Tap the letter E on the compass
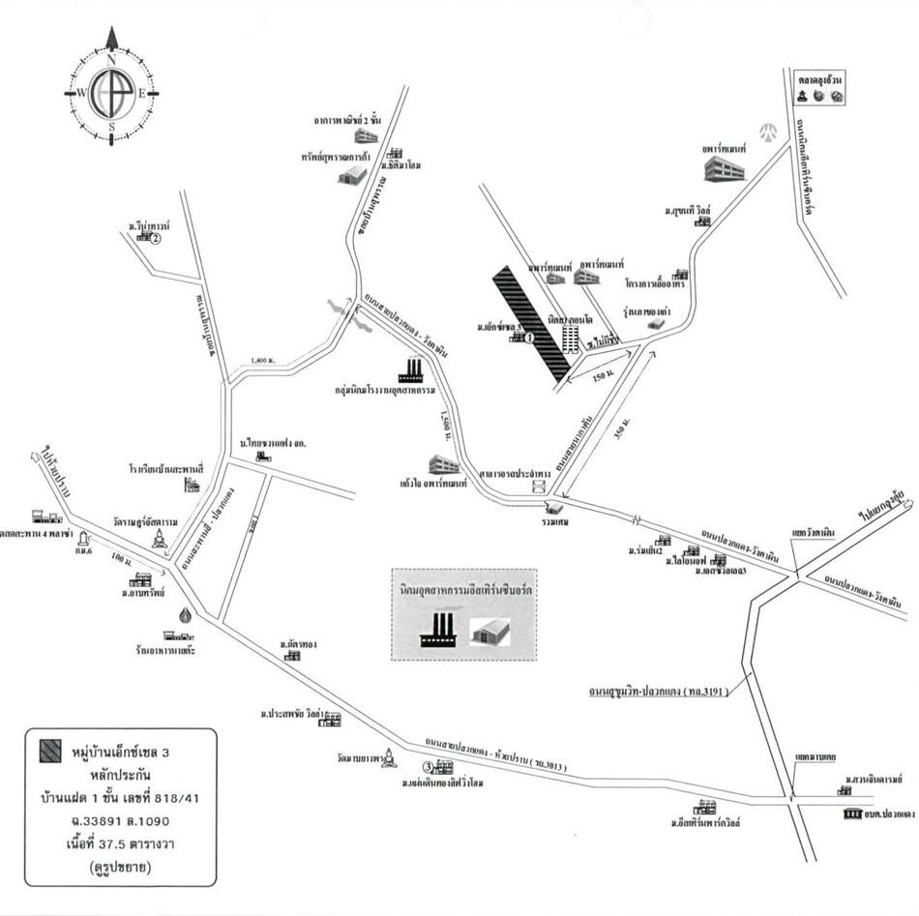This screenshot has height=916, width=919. (142, 93)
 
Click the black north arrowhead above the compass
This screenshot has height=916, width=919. (112, 38)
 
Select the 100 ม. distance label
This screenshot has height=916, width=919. (120, 558)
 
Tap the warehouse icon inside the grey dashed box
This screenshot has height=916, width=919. (491, 632)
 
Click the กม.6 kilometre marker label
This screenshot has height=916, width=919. (83, 551)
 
